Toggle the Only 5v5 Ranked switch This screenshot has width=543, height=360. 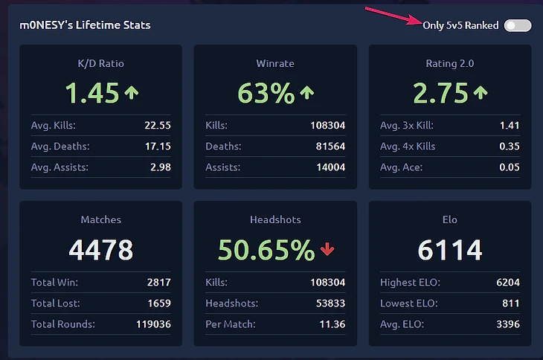click(517, 25)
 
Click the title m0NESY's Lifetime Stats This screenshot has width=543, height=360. click(86, 25)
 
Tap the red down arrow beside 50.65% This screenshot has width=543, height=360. click(327, 251)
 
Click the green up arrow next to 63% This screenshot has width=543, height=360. click(306, 93)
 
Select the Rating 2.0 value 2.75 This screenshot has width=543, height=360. click(440, 93)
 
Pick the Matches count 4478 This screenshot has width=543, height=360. click(100, 250)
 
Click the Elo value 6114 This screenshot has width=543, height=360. click(449, 250)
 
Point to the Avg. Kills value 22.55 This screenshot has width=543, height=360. click(158, 125)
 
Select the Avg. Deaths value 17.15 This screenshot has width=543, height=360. click(158, 146)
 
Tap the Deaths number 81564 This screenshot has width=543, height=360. click(327, 146)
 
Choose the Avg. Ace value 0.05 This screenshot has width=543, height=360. click(510, 167)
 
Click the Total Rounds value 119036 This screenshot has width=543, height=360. click(153, 324)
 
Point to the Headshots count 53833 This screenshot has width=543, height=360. click(328, 303)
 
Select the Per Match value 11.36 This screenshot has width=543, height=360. click(332, 324)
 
